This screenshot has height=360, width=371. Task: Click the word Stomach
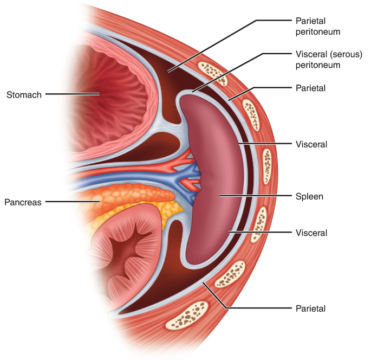[x=24, y=95]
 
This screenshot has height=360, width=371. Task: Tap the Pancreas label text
[x=23, y=202]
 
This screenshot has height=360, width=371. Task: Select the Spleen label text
[x=309, y=197]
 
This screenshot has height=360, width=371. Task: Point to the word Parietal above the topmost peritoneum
[x=311, y=21]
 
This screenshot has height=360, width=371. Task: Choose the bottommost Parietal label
[x=311, y=308]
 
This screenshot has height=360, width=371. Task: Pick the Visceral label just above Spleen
[x=311, y=144]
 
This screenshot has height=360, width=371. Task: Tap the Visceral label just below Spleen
[x=311, y=233]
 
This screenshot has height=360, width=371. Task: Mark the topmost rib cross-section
[x=213, y=74]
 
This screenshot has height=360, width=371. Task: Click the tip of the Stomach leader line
[x=99, y=94]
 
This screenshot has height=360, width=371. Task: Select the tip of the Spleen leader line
[x=220, y=196]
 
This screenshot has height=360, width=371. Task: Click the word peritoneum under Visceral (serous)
[x=318, y=65]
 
